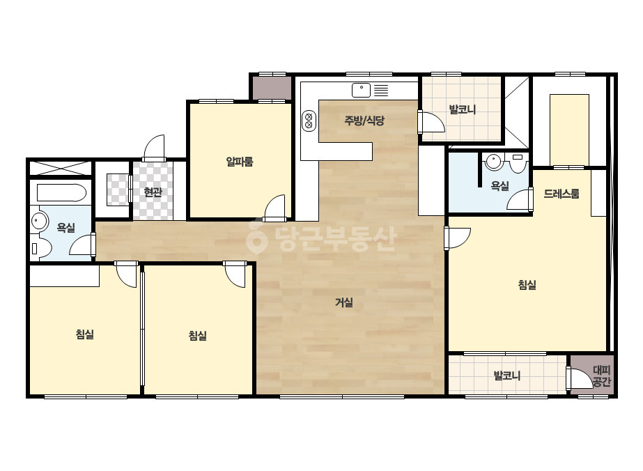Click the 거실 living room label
pos(344,303)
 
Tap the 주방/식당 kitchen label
pos(364,121)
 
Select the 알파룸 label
pos(240,162)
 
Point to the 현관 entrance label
pos(153,192)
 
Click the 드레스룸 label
pos(561,194)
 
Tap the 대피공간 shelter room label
pos(602,376)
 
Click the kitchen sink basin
pos(361,91)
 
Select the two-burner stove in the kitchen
pos(309,121)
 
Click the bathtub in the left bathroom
pos(61,192)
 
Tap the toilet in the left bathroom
pos(40,248)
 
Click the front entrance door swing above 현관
pos(154,148)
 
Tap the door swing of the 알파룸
pos(274,208)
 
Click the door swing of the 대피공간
pos(580,378)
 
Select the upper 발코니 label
pos(462,109)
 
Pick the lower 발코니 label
pos(507,376)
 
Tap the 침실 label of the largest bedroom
pos(527,285)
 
